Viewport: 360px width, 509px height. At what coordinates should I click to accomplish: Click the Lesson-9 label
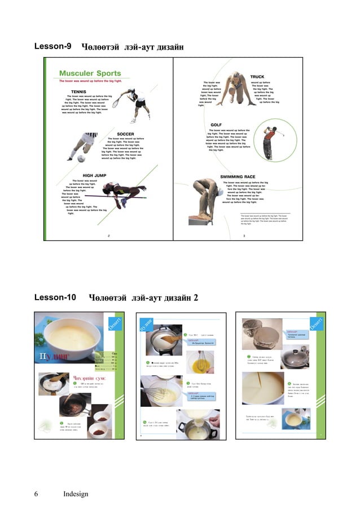[x=52, y=46]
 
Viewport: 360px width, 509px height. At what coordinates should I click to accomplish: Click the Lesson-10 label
[x=55, y=297]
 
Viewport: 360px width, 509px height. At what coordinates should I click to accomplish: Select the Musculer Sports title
[x=90, y=73]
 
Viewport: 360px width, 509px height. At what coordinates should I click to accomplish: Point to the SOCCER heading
[x=125, y=134]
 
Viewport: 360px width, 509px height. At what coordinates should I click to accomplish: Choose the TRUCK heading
[x=257, y=77]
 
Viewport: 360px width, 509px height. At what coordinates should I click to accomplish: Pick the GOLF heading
[x=216, y=125]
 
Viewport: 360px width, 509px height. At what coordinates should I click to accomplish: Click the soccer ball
[x=81, y=158]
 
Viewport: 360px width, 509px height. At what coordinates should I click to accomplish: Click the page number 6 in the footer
[x=36, y=494]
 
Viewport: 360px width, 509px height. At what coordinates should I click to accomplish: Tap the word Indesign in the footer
[x=76, y=494]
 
